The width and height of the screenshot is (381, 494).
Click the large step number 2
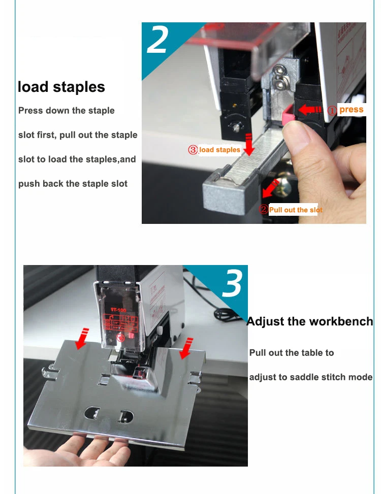157,40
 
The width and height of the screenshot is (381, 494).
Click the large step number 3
232,284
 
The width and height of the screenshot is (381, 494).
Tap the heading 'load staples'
61,87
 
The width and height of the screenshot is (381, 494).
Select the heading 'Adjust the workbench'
309,321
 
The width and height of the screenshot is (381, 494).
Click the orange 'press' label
352,110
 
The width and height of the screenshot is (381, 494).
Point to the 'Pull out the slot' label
296,210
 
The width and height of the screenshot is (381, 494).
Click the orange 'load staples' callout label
219,150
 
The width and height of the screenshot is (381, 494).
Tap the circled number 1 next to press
332,110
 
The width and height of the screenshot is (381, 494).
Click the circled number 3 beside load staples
193,150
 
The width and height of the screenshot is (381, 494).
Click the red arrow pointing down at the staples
248,144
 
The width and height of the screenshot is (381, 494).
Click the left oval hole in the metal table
91,412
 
